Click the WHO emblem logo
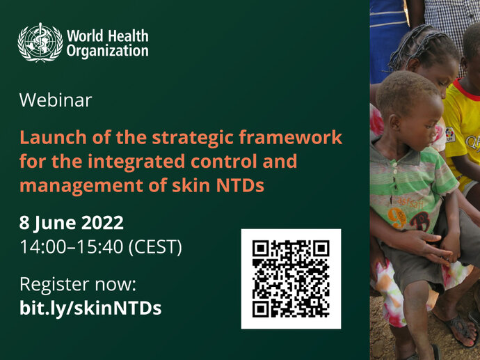(40, 42)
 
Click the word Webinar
(56, 100)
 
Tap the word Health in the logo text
(129, 36)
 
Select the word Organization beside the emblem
(107, 51)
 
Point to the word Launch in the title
(53, 137)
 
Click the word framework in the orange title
(291, 137)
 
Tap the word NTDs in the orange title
(240, 186)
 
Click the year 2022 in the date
(102, 223)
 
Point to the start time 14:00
(43, 246)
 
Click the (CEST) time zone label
(155, 247)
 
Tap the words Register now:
(78, 285)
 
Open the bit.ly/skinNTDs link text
(90, 308)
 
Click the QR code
(291, 279)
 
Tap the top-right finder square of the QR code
(321, 249)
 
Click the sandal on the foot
(457, 330)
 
